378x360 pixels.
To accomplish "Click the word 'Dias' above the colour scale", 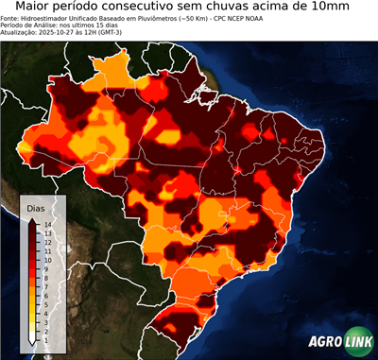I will (36, 206).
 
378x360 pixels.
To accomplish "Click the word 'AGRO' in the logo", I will (325, 341).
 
